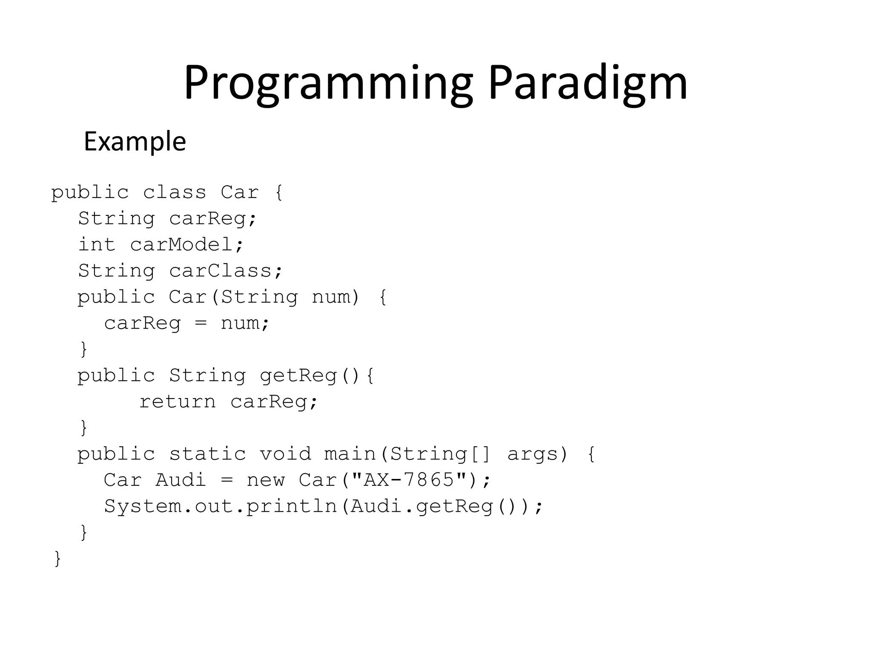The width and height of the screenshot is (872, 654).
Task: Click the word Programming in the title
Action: click(x=328, y=83)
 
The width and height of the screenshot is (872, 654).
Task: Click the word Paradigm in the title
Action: click(x=588, y=83)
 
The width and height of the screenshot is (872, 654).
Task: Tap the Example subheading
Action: click(x=135, y=141)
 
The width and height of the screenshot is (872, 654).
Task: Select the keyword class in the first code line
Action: click(x=175, y=192)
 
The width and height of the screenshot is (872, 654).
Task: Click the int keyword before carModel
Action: click(x=97, y=245)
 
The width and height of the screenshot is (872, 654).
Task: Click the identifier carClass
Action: click(x=226, y=271)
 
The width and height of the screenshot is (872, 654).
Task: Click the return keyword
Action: click(x=177, y=402)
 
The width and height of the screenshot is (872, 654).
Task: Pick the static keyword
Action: click(x=207, y=454)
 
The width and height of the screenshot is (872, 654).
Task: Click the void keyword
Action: click(x=285, y=454)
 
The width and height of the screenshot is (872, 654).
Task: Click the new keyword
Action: click(x=265, y=480)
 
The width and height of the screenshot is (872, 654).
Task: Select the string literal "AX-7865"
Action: click(x=408, y=480)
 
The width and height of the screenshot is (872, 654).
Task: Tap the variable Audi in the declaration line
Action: click(x=181, y=480)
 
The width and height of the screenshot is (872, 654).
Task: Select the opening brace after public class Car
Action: click(x=279, y=192)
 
